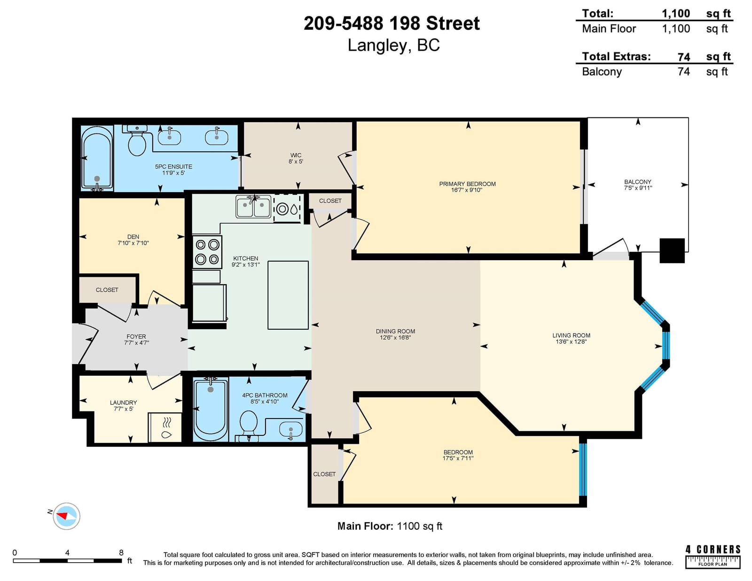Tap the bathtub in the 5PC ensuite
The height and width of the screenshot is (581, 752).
97,158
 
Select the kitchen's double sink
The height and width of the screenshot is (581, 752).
253,207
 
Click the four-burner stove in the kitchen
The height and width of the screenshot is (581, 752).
207,252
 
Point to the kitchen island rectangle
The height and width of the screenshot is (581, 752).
288,295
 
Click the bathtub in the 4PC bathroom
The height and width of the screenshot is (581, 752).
211,410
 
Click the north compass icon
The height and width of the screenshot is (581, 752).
66,516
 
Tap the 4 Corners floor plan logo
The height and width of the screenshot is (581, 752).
713,557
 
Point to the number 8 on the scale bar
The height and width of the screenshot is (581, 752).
121,553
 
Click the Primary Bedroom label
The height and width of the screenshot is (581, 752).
467,184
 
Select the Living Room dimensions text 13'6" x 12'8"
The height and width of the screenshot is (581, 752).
571,341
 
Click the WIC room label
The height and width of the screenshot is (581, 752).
296,155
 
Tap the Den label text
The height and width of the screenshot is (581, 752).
133,237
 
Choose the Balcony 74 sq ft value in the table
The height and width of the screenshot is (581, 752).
683,71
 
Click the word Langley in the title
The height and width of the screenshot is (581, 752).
379,45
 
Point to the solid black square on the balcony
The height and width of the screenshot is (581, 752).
672,251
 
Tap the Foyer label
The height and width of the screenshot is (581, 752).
136,336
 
